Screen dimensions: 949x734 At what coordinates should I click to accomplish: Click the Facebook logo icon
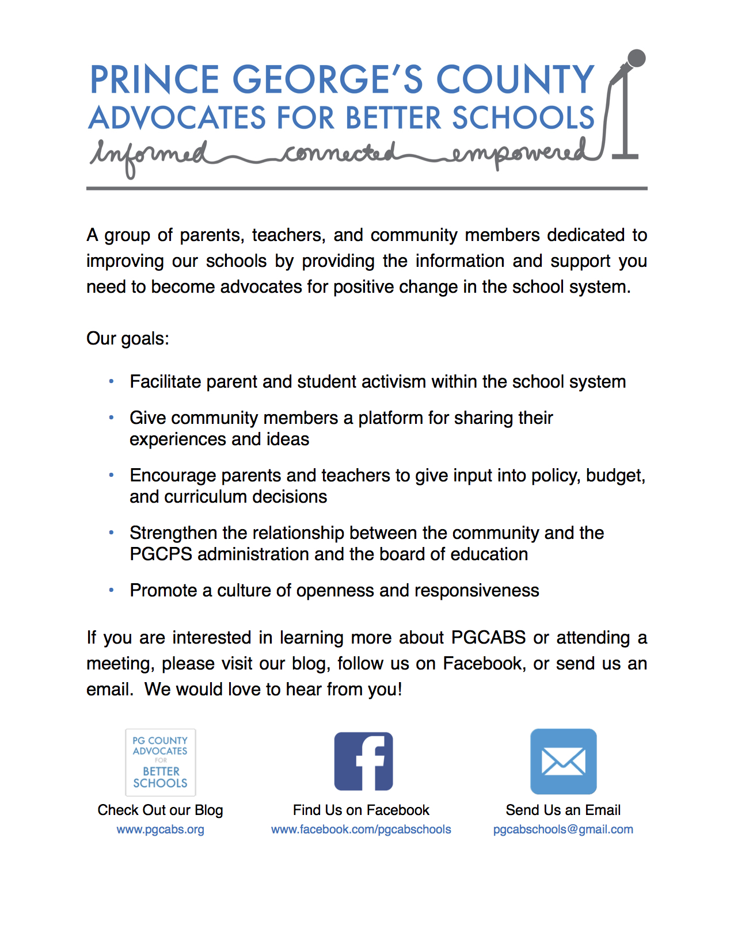[363, 761]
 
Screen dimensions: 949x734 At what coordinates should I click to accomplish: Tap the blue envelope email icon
[563, 761]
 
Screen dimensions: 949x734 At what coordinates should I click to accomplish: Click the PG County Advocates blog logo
[161, 762]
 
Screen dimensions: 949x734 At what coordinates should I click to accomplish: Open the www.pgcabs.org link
[160, 829]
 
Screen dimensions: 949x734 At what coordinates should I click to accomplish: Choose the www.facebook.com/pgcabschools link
[361, 829]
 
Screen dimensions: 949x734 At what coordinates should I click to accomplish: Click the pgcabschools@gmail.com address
[563, 829]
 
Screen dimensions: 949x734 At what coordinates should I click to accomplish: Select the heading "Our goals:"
[128, 338]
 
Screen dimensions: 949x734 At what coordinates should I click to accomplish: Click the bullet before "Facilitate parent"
[111, 381]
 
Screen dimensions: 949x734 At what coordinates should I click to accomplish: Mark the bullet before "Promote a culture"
[111, 590]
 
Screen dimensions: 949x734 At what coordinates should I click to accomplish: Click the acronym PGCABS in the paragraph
[488, 637]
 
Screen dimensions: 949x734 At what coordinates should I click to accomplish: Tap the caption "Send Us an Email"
[563, 810]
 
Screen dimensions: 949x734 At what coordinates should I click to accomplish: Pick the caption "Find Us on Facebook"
[361, 810]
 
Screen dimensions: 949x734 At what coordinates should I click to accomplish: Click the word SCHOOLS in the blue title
[523, 118]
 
